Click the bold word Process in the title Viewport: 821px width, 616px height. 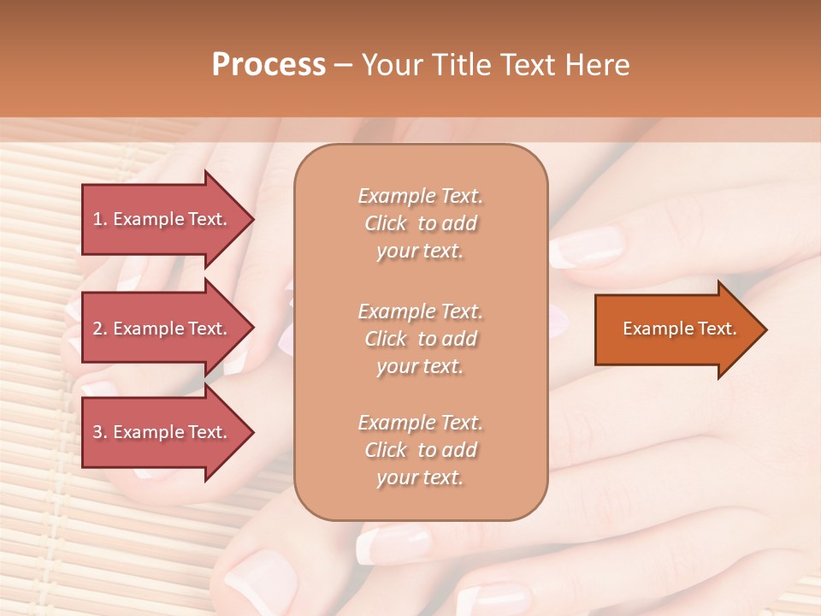(x=269, y=65)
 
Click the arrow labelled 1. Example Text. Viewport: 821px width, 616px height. (x=162, y=219)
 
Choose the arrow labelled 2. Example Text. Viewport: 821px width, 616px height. (x=162, y=329)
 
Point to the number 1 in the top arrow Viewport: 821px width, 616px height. (x=97, y=219)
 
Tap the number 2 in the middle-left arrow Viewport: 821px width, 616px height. (x=97, y=329)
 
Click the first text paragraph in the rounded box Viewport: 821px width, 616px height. (x=420, y=223)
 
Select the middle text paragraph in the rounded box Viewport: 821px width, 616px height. (x=420, y=339)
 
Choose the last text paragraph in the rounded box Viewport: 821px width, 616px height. (x=420, y=450)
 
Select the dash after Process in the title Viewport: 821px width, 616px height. (x=343, y=65)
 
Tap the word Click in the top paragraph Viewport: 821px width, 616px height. (x=386, y=224)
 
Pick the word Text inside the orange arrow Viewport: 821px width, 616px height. (x=717, y=329)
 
